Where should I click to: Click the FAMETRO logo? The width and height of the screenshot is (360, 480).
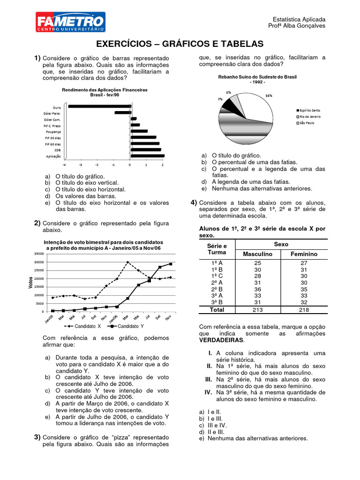click(x=70, y=22)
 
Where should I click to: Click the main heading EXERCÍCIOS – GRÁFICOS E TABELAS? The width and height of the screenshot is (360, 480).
click(x=180, y=44)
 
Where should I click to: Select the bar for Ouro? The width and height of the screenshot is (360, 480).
click(x=99, y=106)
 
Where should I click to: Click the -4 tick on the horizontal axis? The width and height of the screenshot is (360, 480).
click(x=64, y=165)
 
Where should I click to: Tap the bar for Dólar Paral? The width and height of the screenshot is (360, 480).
click(x=122, y=112)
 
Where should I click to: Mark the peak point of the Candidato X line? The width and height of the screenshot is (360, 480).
click(x=127, y=262)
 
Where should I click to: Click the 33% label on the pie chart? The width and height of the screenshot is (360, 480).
click(x=269, y=95)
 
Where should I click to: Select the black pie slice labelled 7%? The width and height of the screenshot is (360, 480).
click(x=229, y=106)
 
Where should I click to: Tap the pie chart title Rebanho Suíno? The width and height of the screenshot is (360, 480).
click(x=257, y=76)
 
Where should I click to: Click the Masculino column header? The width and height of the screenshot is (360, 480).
click(x=257, y=254)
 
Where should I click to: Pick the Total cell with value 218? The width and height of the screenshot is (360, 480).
click(x=303, y=309)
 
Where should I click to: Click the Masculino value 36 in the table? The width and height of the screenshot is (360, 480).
click(x=257, y=289)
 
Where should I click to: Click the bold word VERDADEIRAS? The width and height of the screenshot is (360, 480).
click(x=221, y=339)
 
